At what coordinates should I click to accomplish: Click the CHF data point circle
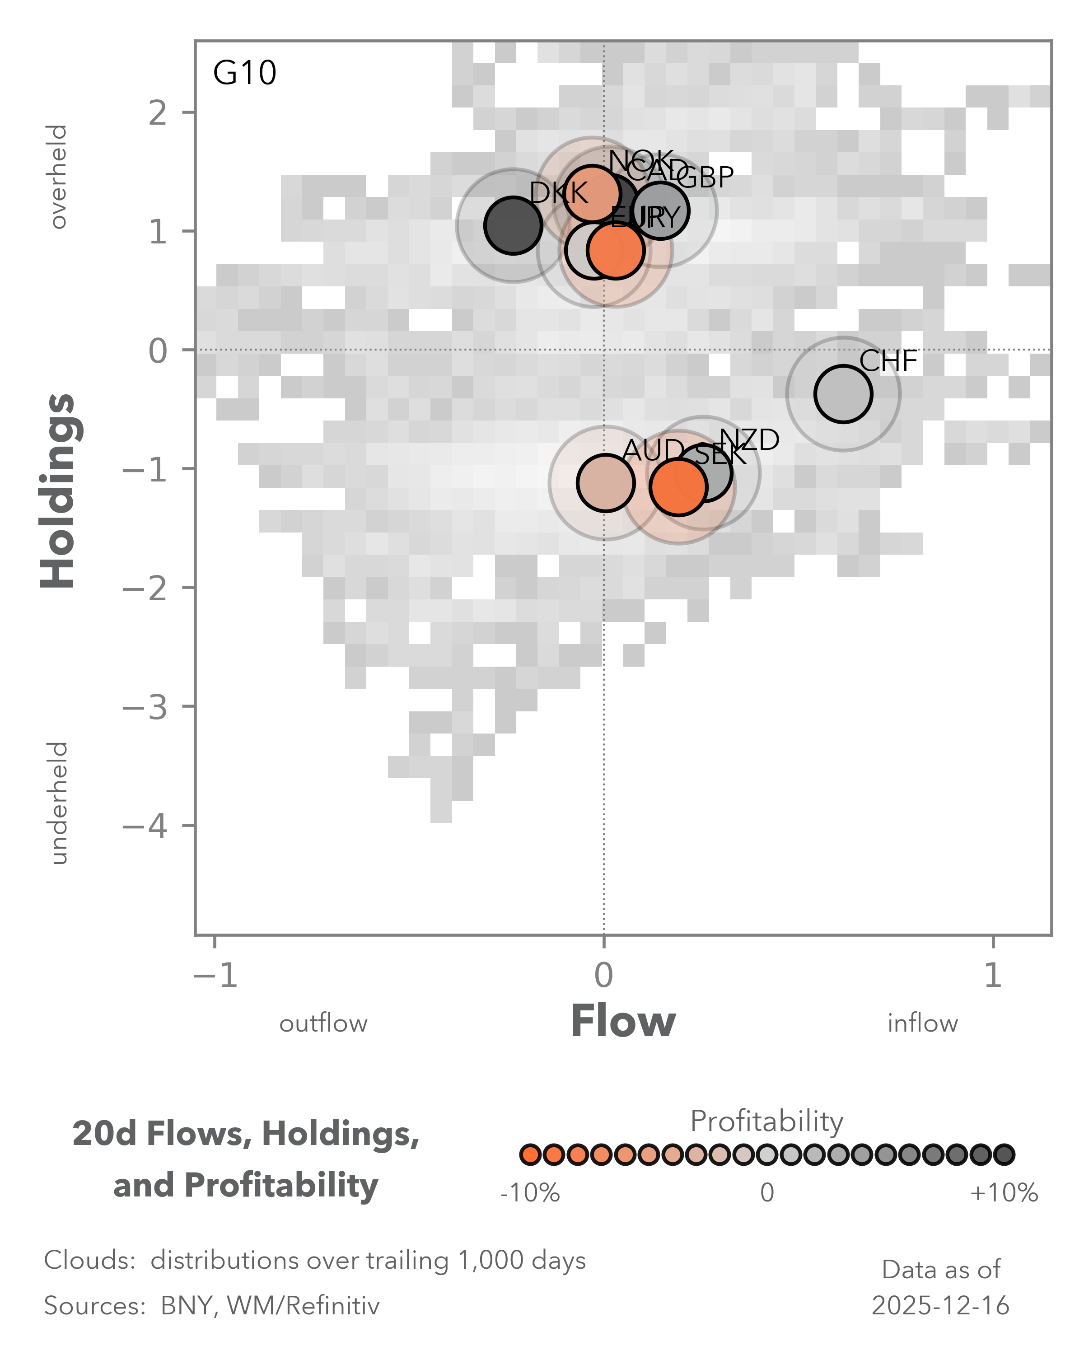(x=843, y=394)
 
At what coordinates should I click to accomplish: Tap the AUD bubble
(x=605, y=483)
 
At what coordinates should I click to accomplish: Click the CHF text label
(x=888, y=361)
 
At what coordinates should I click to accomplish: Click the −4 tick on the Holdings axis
(x=146, y=825)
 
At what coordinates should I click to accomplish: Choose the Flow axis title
(x=623, y=1022)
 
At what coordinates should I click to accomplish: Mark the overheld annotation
(x=58, y=177)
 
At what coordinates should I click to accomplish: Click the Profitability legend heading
(x=766, y=1121)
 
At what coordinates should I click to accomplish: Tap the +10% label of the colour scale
(x=1004, y=1192)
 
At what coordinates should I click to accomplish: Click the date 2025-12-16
(x=940, y=1306)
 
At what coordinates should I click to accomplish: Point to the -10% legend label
(x=530, y=1192)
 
